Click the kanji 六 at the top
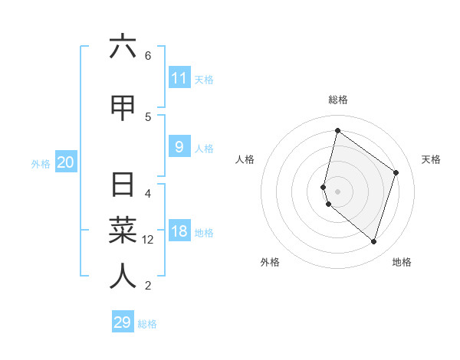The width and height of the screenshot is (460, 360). tap(123, 47)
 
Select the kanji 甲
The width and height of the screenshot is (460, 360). tap(123, 108)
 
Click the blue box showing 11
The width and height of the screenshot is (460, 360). tap(179, 78)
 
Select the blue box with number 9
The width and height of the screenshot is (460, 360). tap(179, 147)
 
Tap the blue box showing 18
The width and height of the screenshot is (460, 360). tap(179, 231)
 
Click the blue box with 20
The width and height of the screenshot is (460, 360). tap(65, 162)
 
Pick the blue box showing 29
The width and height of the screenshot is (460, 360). tap(123, 322)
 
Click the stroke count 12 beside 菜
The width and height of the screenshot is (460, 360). tap(148, 240)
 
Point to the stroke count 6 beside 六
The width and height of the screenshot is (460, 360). tap(148, 56)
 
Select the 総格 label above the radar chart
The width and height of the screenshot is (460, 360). tap(338, 100)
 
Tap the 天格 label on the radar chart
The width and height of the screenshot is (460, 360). tap(431, 159)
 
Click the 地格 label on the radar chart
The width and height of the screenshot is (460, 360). tap(402, 262)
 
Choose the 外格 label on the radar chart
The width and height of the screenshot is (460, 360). tap(270, 262)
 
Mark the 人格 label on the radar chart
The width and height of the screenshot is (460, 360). tap(245, 159)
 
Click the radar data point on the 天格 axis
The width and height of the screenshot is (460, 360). tap(396, 172)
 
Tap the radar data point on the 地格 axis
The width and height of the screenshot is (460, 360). tap(373, 242)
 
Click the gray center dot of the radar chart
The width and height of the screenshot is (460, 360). tap(337, 191)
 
